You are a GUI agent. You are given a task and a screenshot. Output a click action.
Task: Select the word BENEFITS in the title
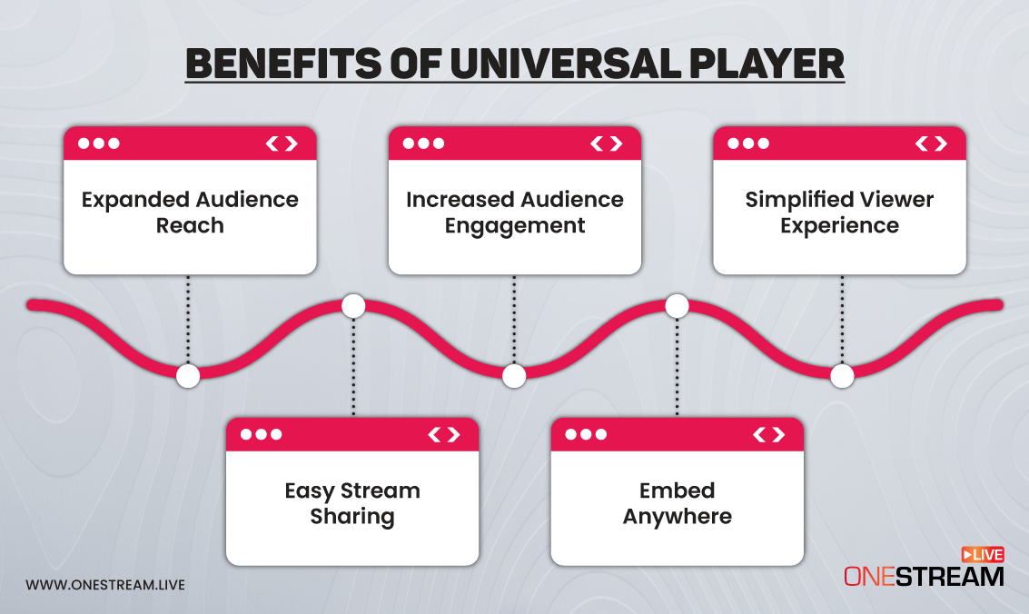(x=283, y=64)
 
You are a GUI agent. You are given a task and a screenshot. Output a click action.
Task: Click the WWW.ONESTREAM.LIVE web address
(x=105, y=585)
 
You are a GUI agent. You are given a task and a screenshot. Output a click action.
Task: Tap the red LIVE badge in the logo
(x=983, y=554)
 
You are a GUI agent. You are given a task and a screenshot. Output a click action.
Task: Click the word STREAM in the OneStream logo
(x=950, y=577)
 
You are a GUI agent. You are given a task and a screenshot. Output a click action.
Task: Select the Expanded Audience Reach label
(x=190, y=212)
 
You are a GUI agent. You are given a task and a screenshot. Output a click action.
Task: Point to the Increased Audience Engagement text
(x=514, y=212)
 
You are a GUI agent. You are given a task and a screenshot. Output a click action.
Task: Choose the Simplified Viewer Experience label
(x=839, y=212)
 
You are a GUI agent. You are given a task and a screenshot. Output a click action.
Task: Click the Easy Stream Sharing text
(x=352, y=503)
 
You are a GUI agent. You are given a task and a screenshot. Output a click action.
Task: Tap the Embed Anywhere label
(x=678, y=503)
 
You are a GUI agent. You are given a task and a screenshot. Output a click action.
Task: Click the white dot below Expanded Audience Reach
(x=188, y=376)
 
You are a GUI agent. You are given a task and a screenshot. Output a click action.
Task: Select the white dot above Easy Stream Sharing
(x=353, y=306)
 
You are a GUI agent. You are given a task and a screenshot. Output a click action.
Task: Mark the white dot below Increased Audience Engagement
(x=514, y=376)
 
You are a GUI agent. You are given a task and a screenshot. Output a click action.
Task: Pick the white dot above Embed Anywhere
(x=678, y=306)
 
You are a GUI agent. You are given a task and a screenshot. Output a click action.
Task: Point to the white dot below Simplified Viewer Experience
(x=842, y=376)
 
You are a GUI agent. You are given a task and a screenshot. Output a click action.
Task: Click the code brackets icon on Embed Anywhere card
(x=769, y=434)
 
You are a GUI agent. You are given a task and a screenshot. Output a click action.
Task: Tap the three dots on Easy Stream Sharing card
(x=262, y=434)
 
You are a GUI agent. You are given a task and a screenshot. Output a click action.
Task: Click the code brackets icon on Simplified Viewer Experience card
(x=932, y=144)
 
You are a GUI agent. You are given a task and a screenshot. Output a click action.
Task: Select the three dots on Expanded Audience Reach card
(x=99, y=144)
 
